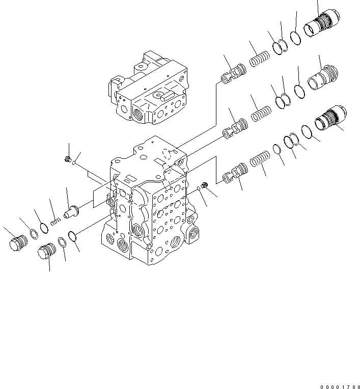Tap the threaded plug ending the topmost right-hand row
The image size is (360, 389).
pos(322,24)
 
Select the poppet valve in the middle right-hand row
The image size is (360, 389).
pos(234,127)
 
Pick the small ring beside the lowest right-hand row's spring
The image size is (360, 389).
pos(276,149)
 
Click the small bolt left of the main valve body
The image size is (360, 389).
pos(68,160)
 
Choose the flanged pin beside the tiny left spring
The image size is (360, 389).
pos(70,210)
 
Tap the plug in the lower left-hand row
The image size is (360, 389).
pos(46,251)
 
